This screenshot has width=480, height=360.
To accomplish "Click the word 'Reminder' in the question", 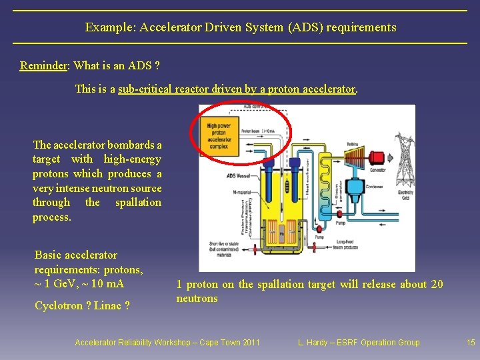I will point(44,65).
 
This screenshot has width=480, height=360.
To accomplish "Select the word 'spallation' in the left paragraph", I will point(138,202).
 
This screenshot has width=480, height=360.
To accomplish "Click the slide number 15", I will point(471,343).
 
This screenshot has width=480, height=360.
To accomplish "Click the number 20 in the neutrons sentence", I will point(437,284).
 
